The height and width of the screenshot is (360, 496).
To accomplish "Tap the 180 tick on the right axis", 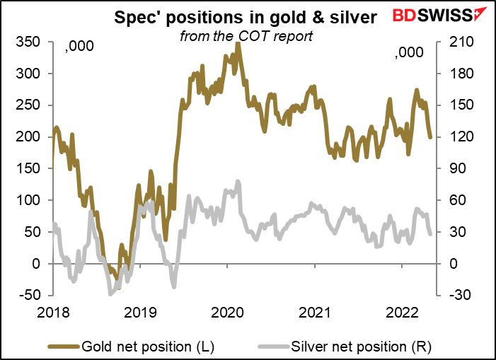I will [x=454, y=74].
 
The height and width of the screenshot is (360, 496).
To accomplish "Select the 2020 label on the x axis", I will [x=229, y=311].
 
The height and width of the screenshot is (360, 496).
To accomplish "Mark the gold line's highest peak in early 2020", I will [x=237, y=44].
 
